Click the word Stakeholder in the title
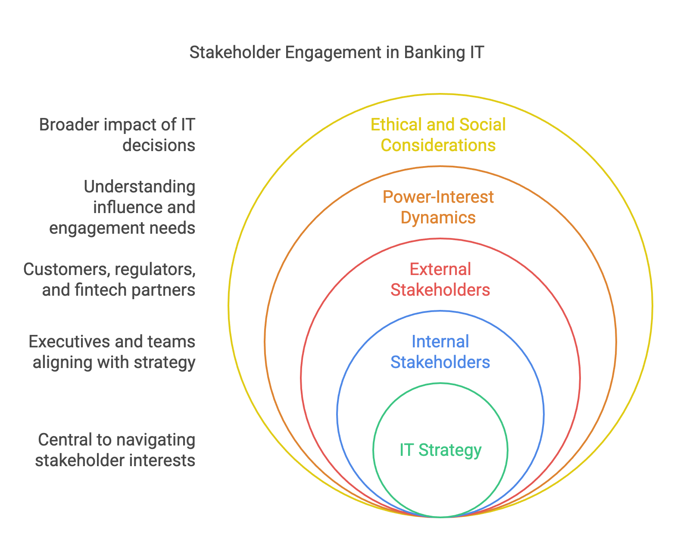click(235, 52)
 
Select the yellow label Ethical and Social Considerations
click(438, 135)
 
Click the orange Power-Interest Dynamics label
click(438, 207)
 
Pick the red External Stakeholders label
click(440, 279)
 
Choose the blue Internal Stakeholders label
click(440, 352)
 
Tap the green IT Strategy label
click(440, 450)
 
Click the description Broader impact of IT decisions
click(117, 135)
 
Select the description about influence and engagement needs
click(122, 207)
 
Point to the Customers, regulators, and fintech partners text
click(109, 279)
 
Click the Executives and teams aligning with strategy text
click(112, 352)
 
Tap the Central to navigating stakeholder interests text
click(115, 450)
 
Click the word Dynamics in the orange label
click(438, 218)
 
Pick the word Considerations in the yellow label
click(438, 145)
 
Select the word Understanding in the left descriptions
click(140, 187)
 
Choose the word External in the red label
click(440, 269)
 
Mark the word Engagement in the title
click(333, 53)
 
